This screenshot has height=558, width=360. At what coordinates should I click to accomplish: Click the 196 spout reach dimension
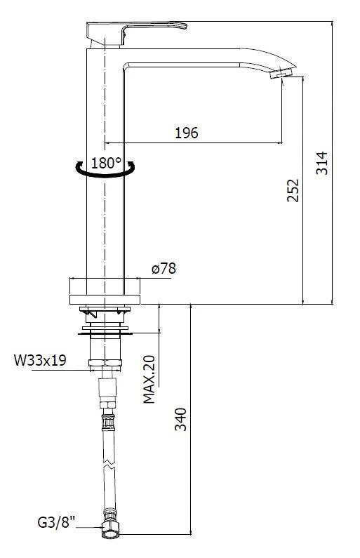pyautogui.click(x=186, y=133)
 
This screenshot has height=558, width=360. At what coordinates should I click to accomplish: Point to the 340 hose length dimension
pyautogui.click(x=180, y=418)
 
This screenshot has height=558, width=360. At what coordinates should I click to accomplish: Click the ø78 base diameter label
pyautogui.click(x=163, y=269)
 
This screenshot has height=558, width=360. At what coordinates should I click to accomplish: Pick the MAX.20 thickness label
pyautogui.click(x=149, y=379)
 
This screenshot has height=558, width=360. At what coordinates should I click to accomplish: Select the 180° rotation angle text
pyautogui.click(x=107, y=163)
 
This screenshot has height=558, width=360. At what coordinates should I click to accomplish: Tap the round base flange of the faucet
pyautogui.click(x=105, y=291)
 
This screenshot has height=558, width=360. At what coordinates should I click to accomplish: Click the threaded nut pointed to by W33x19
pyautogui.click(x=105, y=363)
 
